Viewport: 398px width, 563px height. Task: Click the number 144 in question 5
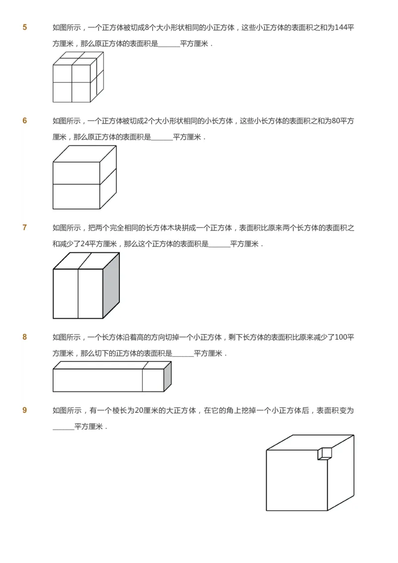pos(341,27)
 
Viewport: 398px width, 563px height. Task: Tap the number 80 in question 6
pos(334,121)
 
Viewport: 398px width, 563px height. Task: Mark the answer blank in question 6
pos(162,138)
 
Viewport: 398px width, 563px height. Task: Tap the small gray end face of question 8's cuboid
pos(168,376)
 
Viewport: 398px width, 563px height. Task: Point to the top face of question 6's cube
pos(84,154)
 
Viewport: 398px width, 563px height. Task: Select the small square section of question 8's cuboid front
pos(153,380)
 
